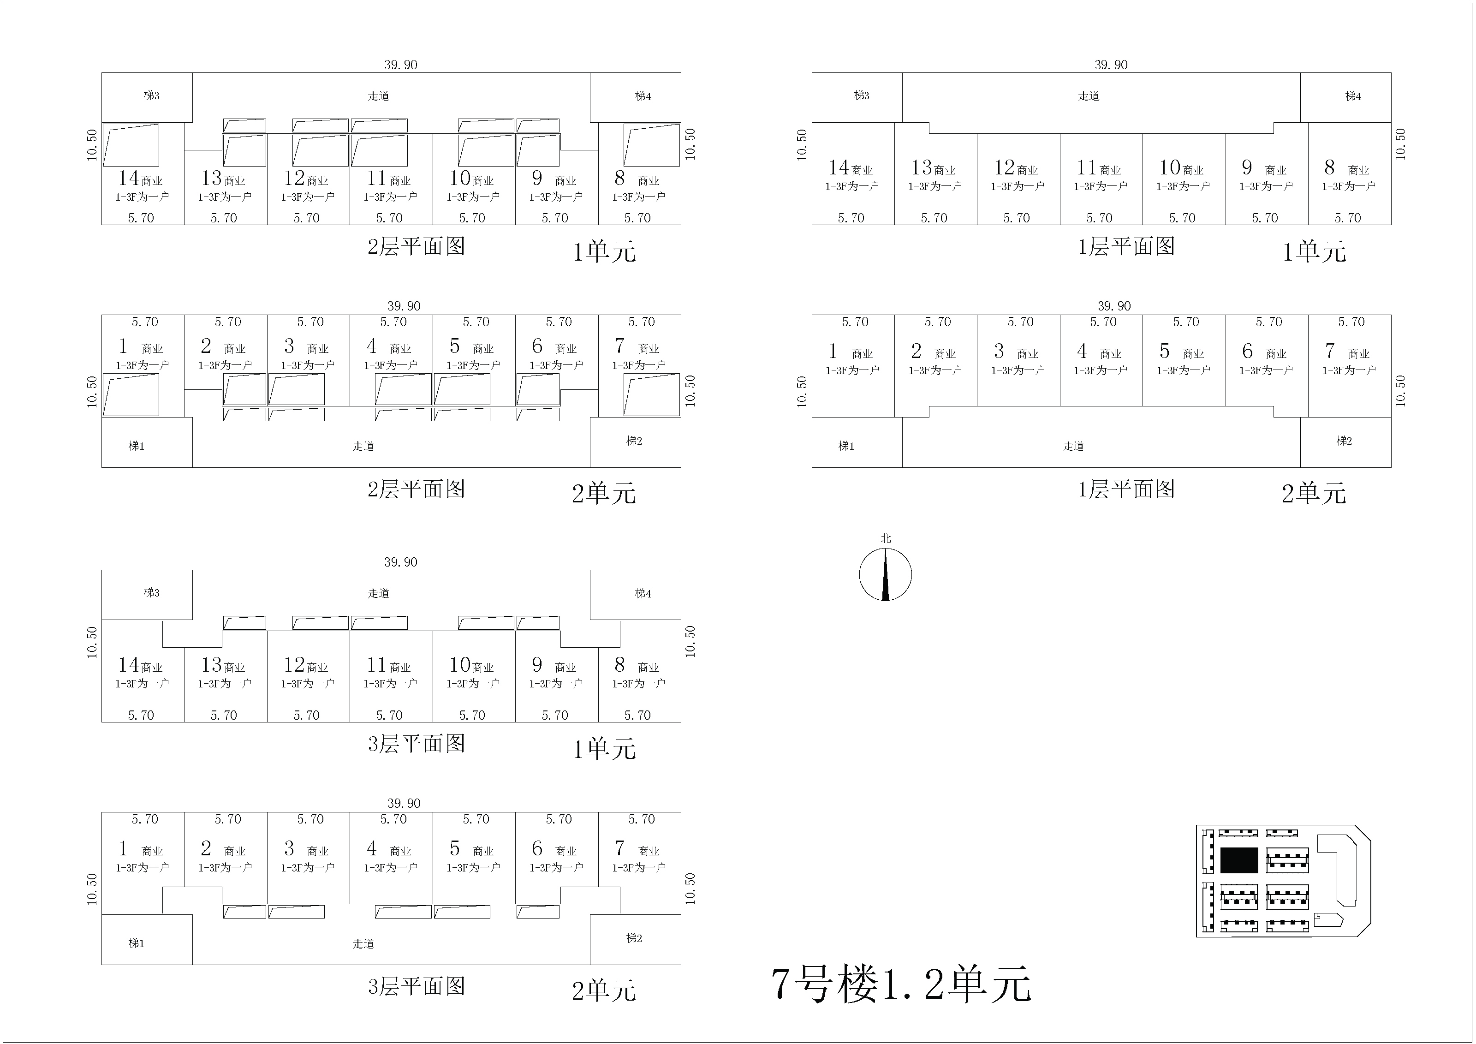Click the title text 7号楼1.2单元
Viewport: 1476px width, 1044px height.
click(901, 984)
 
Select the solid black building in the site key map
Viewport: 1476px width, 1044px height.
click(1239, 860)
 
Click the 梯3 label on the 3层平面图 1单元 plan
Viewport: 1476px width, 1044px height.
click(152, 593)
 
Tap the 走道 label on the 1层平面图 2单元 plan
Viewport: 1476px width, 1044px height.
click(1073, 446)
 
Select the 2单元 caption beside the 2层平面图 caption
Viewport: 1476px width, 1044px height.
click(604, 494)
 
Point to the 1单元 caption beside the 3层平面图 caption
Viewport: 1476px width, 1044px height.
click(604, 749)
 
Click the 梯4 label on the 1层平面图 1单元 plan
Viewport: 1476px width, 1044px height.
click(1353, 96)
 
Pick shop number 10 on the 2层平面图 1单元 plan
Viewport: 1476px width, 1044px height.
click(460, 178)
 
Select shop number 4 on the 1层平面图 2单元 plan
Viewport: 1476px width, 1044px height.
click(1082, 351)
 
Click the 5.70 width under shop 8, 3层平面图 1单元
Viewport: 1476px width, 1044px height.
click(637, 716)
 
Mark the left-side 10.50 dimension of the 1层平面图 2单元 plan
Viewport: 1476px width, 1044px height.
click(802, 392)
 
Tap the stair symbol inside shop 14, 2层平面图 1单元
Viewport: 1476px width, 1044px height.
click(131, 145)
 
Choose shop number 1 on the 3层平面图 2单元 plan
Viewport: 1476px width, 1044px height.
click(123, 848)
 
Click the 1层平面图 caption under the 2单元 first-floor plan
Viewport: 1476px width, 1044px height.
click(1126, 489)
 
